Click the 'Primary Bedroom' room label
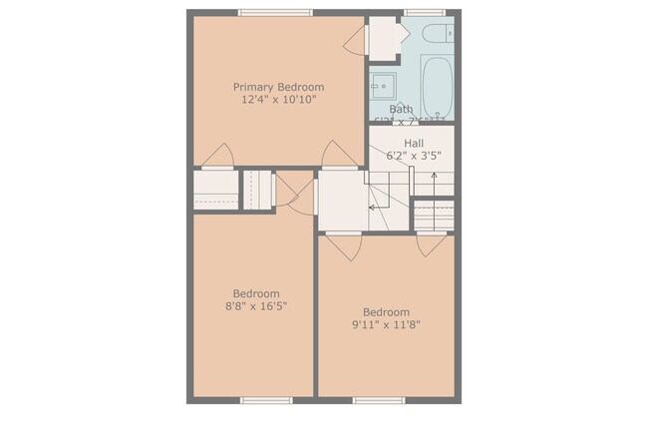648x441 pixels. click(x=278, y=87)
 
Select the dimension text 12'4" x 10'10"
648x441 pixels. click(x=278, y=100)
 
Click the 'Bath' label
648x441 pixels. click(x=401, y=110)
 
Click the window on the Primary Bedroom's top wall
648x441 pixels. click(x=274, y=13)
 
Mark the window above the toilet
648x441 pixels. click(x=424, y=13)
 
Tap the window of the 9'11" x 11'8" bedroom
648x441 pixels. click(x=379, y=400)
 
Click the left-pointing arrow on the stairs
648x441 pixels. click(x=374, y=208)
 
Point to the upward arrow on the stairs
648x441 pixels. click(x=435, y=182)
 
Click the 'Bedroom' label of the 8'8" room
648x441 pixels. click(x=256, y=293)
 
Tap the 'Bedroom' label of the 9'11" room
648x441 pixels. click(x=386, y=311)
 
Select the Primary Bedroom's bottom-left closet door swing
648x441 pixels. click(x=217, y=156)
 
